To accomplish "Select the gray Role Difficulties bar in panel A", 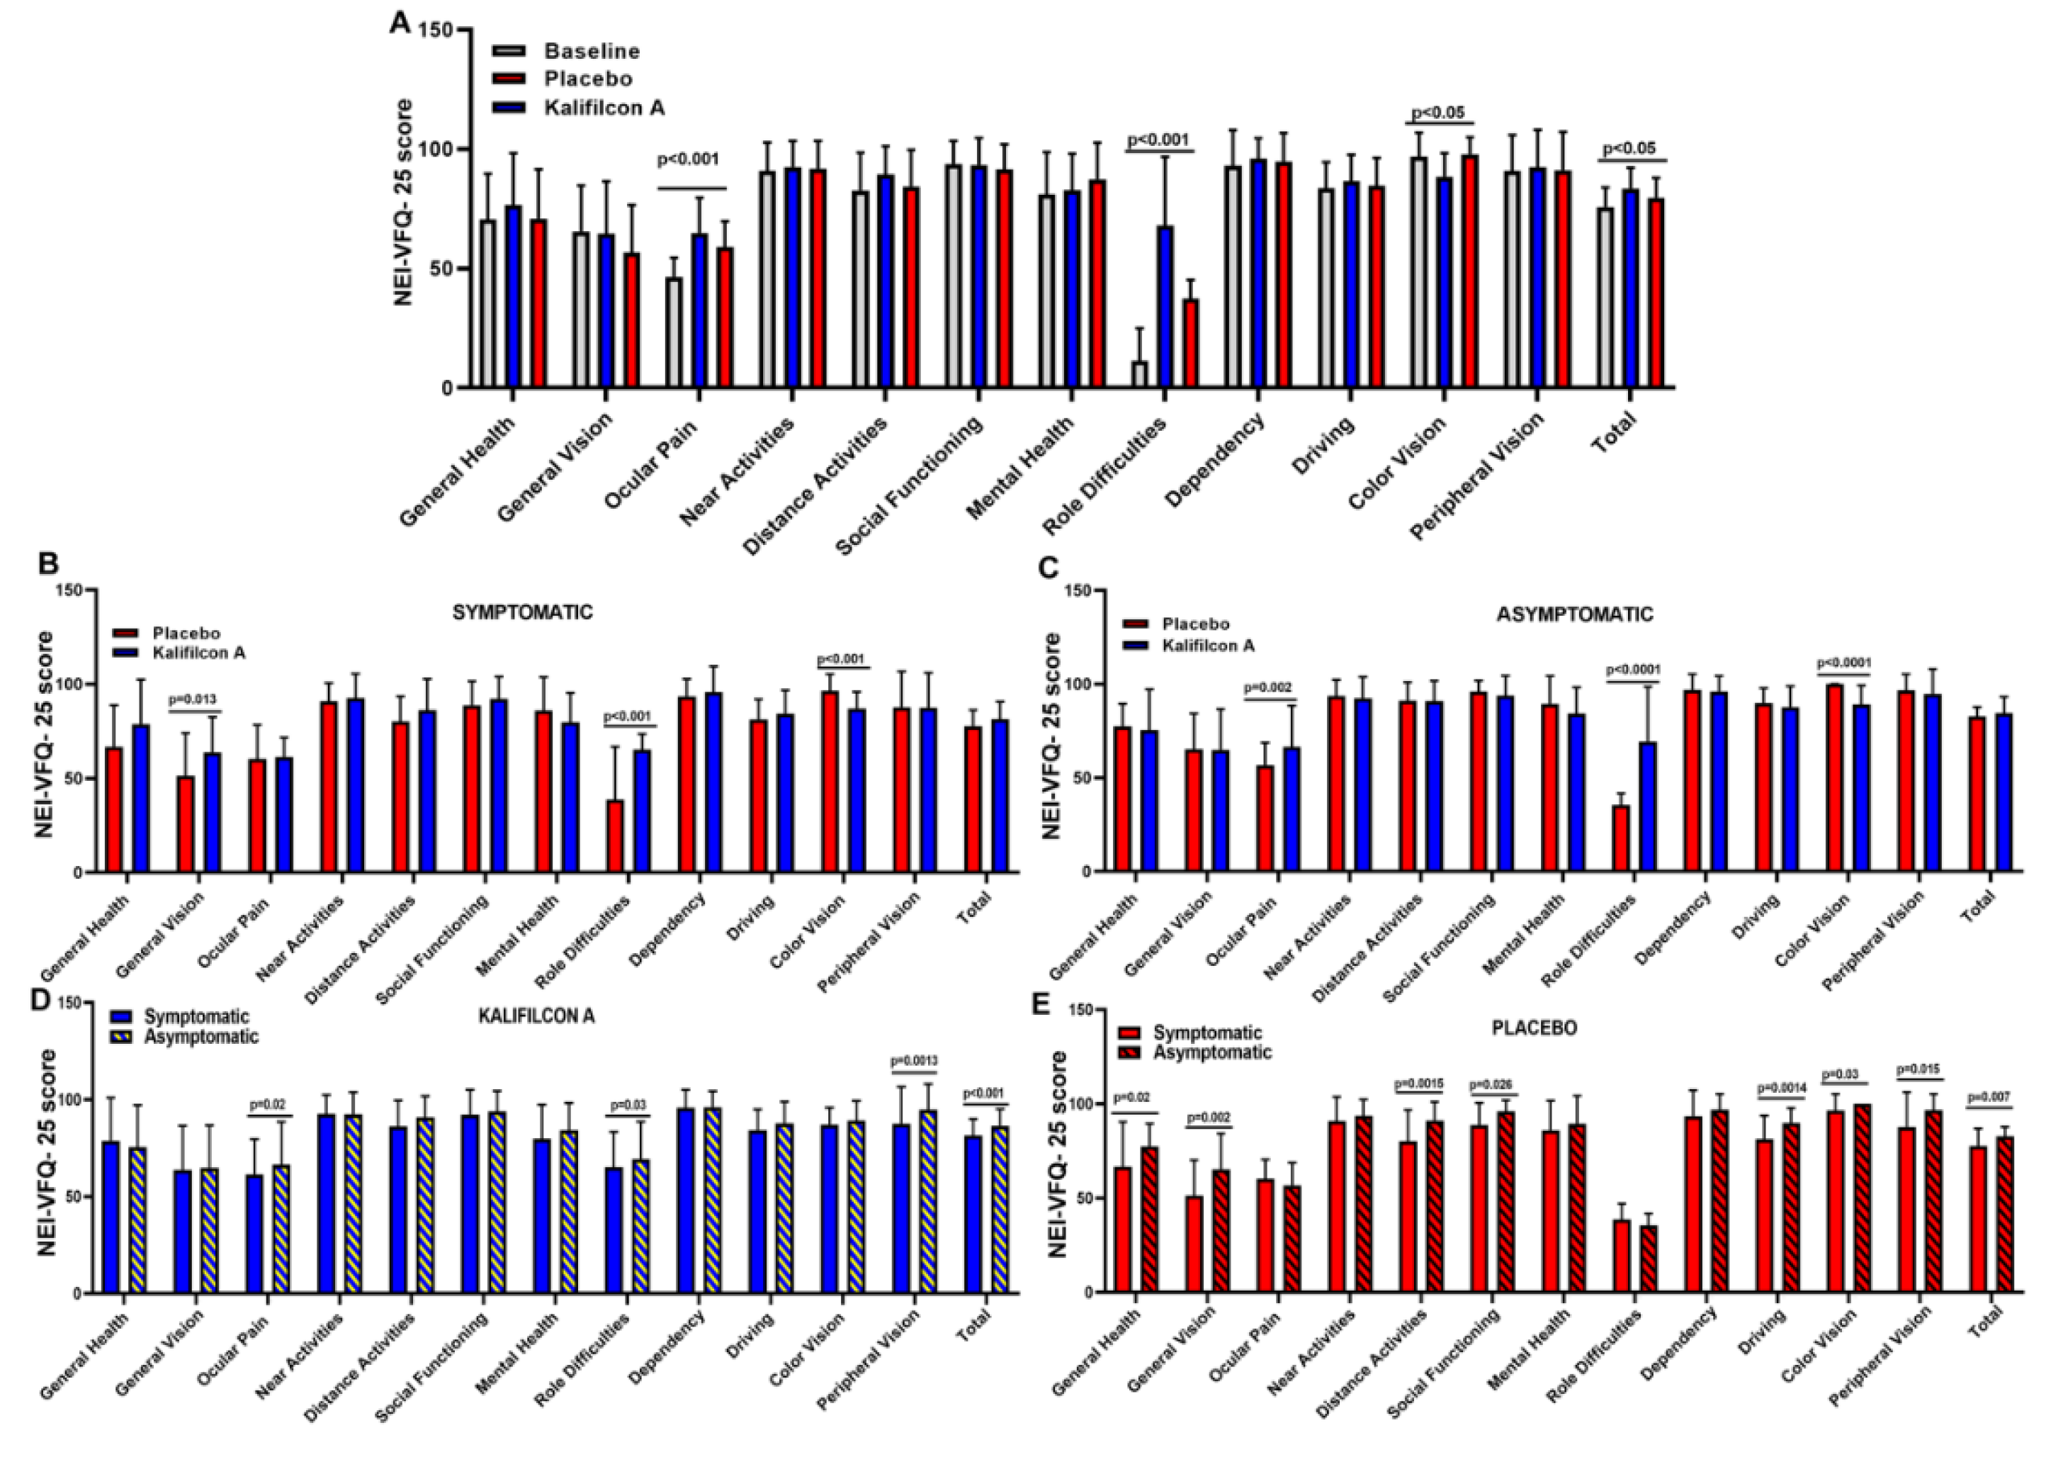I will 1139,374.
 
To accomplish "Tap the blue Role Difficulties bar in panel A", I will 1165,307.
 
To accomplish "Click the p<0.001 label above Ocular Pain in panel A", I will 688,159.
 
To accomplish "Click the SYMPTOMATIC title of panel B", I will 522,613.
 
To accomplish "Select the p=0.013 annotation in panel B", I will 193,699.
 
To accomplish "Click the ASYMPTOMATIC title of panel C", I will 1574,614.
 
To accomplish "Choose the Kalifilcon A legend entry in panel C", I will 1207,646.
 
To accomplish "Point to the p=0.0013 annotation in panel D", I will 913,1062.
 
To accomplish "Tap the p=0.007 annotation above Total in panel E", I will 1989,1097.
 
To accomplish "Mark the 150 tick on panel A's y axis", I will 439,30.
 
